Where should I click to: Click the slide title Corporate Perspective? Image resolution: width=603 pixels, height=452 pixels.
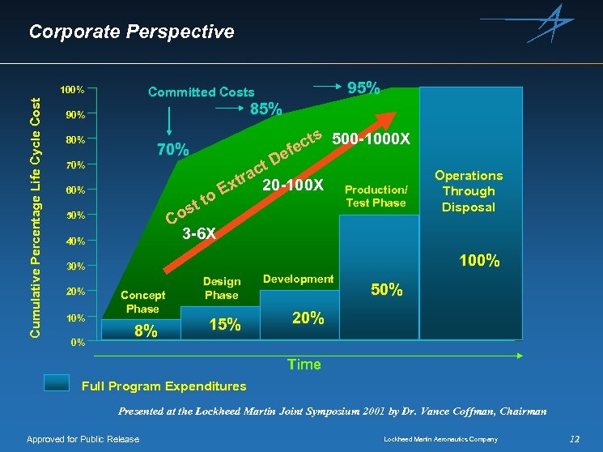click(131, 32)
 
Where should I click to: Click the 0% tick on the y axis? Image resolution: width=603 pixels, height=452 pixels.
click(75, 342)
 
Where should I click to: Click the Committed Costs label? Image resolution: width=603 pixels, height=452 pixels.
click(201, 92)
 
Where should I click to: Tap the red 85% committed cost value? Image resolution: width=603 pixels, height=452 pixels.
click(265, 109)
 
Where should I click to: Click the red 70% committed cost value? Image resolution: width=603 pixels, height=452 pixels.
click(172, 150)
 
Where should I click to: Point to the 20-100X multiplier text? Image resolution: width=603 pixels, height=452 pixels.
click(293, 186)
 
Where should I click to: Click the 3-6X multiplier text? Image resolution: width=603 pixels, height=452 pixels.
click(198, 233)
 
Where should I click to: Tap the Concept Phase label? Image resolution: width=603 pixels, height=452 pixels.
click(142, 302)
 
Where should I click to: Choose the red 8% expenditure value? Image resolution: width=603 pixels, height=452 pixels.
click(146, 330)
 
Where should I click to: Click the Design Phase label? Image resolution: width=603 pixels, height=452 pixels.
click(222, 288)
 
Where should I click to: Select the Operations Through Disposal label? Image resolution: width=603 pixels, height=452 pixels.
click(468, 191)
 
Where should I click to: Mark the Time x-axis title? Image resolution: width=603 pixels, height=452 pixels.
click(304, 365)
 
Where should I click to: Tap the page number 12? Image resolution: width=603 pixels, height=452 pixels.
click(575, 439)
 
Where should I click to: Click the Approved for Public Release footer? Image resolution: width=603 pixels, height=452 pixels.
click(83, 439)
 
